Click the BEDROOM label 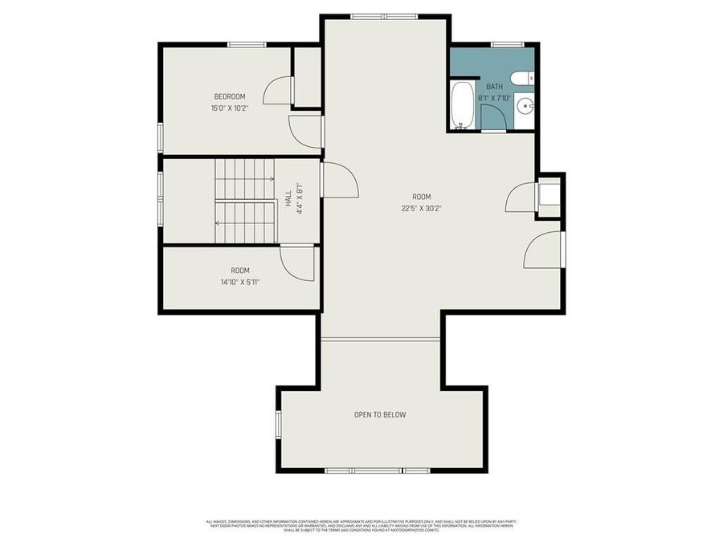tap(229, 96)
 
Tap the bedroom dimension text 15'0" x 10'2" tap(229, 108)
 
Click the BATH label tap(493, 87)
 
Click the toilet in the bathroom tap(523, 78)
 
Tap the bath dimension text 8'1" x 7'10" tap(495, 98)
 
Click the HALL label tap(288, 198)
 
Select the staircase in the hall tap(245, 201)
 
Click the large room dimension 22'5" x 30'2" tap(422, 208)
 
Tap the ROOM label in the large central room tap(422, 197)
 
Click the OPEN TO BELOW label tap(380, 415)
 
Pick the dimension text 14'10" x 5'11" tap(240, 282)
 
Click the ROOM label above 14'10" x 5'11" tap(240, 271)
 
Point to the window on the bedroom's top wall tap(247, 45)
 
